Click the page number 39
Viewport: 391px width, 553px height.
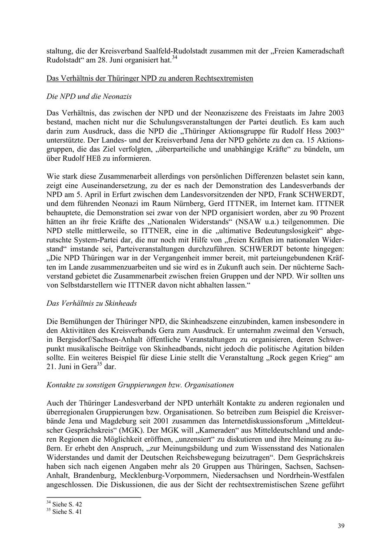(x=341, y=526)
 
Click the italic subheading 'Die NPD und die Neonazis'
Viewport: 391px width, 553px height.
(x=89, y=96)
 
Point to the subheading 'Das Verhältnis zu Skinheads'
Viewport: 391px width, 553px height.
(x=91, y=303)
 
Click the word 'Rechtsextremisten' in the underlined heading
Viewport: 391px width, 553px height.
(x=224, y=78)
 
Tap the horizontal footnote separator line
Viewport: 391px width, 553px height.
(x=94, y=497)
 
